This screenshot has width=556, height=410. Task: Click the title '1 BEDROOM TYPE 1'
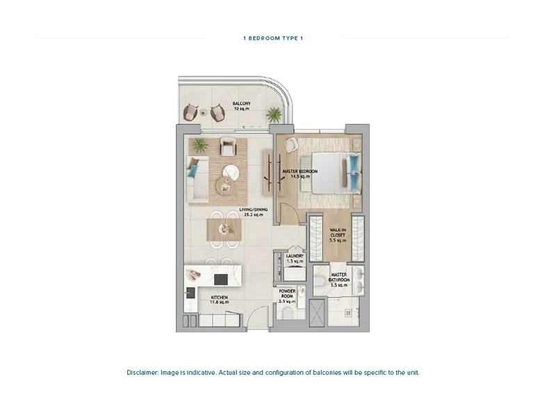273,38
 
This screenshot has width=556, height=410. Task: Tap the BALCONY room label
241,106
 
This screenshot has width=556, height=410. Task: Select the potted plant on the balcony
274,114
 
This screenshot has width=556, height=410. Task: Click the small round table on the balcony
204,112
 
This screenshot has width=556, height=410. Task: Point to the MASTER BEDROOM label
300,173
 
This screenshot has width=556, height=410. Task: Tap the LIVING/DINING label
253,212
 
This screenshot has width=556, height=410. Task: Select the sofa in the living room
198,180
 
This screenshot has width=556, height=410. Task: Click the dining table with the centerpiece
224,230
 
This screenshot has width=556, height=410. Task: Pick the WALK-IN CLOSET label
338,235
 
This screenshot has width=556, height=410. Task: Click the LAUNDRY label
295,259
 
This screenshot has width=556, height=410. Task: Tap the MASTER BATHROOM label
339,280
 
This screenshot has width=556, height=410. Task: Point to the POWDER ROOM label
287,296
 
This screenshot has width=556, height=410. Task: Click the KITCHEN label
219,300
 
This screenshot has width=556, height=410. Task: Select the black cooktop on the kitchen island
221,280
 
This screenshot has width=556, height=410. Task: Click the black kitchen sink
190,292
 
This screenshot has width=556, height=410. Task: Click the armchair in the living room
228,146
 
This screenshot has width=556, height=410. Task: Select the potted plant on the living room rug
199,145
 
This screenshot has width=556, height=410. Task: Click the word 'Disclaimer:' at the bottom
142,373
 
